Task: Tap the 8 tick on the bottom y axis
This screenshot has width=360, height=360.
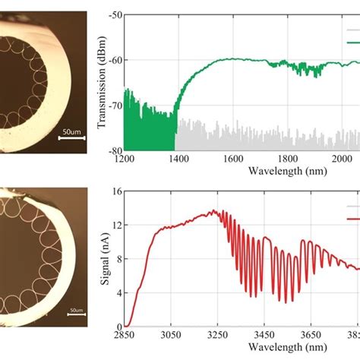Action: click(118, 259)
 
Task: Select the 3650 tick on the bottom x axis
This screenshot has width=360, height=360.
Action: click(311, 334)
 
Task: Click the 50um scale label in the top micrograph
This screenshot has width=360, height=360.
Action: click(72, 132)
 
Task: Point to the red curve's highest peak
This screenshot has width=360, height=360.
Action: click(214, 211)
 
